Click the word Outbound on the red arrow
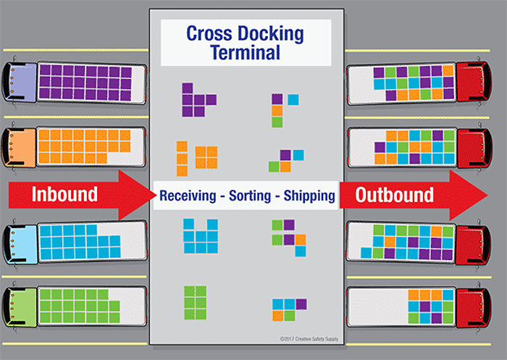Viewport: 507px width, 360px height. pyautogui.click(x=394, y=195)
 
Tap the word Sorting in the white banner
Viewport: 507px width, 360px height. pyautogui.click(x=248, y=196)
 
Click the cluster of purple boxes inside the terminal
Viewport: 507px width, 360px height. pyautogui.click(x=196, y=99)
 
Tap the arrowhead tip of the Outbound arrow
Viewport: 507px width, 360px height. pyautogui.click(x=487, y=195)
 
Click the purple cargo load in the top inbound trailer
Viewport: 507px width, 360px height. pyautogui.click(x=85, y=80)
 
